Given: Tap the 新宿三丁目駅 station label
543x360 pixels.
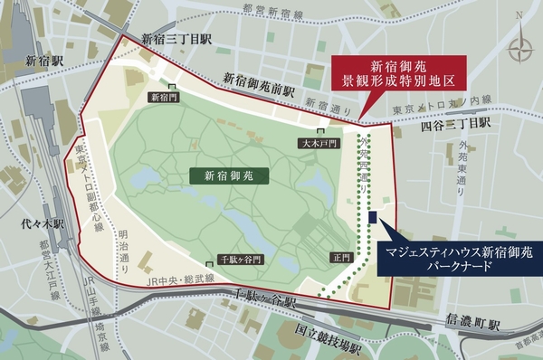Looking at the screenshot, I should click(176, 39).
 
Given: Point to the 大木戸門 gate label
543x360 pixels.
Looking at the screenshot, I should click(319, 143).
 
